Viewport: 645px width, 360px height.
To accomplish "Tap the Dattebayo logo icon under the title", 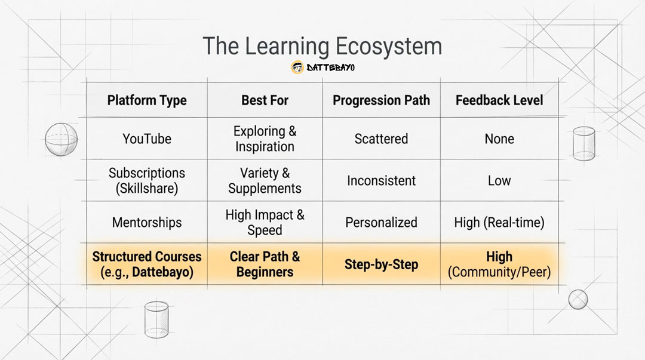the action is click(x=297, y=67).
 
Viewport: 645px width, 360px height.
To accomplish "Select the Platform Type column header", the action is click(x=147, y=100).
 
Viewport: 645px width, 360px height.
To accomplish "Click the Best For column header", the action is click(x=265, y=100).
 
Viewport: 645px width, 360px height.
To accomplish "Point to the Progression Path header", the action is click(x=381, y=100).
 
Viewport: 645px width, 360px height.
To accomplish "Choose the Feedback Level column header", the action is click(x=499, y=100).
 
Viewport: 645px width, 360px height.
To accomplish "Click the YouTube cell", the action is click(x=147, y=139).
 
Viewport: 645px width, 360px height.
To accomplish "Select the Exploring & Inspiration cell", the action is click(x=265, y=139).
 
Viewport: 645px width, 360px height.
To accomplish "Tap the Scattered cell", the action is click(x=381, y=139).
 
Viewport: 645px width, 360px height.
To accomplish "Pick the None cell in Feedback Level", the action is click(x=499, y=139).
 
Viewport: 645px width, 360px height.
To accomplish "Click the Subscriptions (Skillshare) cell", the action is click(x=147, y=181).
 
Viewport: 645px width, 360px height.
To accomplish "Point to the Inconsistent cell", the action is click(x=381, y=181).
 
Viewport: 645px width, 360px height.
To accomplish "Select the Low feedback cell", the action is click(x=499, y=181).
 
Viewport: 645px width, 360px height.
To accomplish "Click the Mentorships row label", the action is click(x=147, y=223).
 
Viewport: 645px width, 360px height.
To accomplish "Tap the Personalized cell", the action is click(x=381, y=223).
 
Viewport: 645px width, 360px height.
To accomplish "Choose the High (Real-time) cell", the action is click(x=499, y=223).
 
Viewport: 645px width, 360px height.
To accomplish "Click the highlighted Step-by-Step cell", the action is click(x=381, y=264).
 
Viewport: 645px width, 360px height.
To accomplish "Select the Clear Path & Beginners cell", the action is click(x=265, y=264).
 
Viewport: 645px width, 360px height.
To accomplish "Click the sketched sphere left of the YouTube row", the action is click(x=62, y=140).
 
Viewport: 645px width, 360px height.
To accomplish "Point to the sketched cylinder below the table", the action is click(x=156, y=319).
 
